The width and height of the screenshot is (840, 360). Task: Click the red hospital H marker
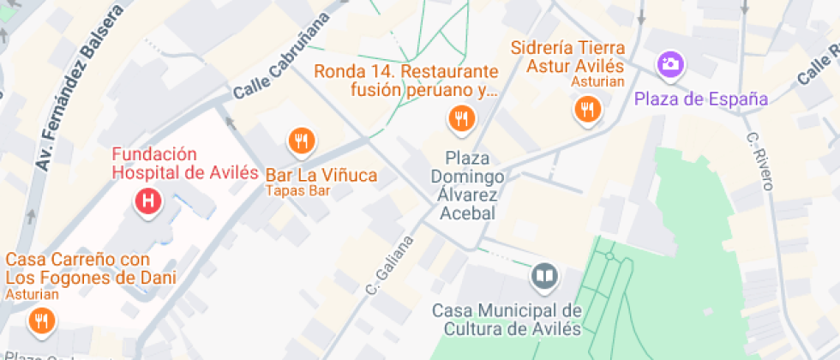(148, 202)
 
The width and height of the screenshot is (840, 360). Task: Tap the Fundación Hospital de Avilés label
(185, 164)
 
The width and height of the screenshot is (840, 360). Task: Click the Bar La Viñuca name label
(321, 175)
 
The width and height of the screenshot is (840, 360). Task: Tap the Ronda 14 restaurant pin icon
(461, 118)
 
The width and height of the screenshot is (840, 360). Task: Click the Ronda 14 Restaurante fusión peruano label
(405, 80)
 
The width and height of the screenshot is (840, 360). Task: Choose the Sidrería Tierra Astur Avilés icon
(587, 109)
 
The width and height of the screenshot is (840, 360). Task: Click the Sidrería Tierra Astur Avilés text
(567, 57)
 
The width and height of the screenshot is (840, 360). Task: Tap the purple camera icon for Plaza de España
(669, 63)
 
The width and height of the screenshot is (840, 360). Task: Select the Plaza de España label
(700, 99)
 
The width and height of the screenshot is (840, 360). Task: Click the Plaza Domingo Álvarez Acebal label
(467, 185)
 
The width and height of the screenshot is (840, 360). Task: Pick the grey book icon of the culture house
(543, 276)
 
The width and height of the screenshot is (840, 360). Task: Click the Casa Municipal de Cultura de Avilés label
(507, 319)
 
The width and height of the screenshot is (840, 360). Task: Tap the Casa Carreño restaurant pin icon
(40, 322)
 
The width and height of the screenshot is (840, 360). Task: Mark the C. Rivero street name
(760, 161)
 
